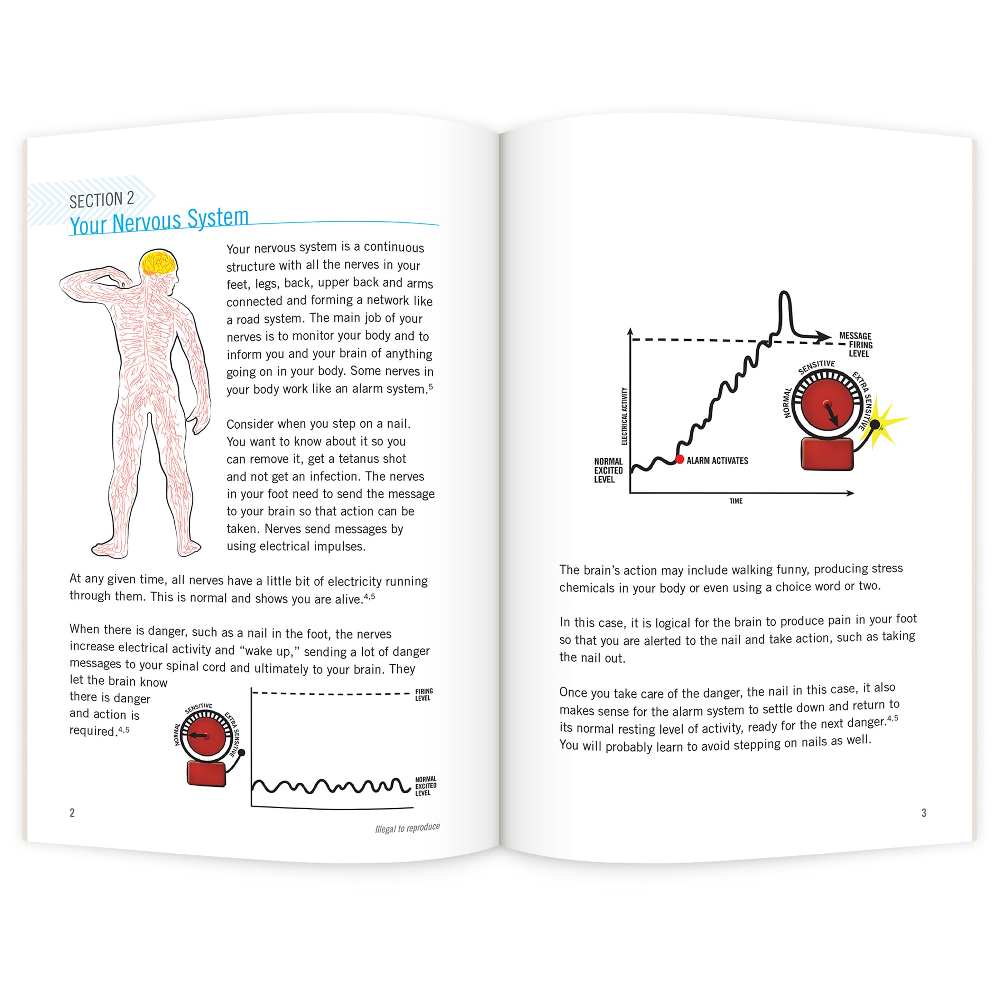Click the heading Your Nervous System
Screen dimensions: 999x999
pos(159,221)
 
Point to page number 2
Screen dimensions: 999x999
pos(72,813)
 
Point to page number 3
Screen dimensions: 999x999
pos(924,813)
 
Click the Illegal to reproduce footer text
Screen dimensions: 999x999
pos(407,828)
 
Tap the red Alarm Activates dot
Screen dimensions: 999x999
pos(680,459)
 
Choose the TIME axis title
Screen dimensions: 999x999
pos(736,501)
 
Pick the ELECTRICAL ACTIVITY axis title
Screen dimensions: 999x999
pos(624,416)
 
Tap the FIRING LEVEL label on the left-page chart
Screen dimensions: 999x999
pos(424,694)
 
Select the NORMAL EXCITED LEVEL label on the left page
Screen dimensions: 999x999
pos(425,786)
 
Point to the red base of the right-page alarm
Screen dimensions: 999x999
pos(826,454)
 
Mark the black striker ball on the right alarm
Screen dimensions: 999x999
pos(875,425)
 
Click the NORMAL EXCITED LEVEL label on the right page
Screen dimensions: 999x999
pos(608,470)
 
